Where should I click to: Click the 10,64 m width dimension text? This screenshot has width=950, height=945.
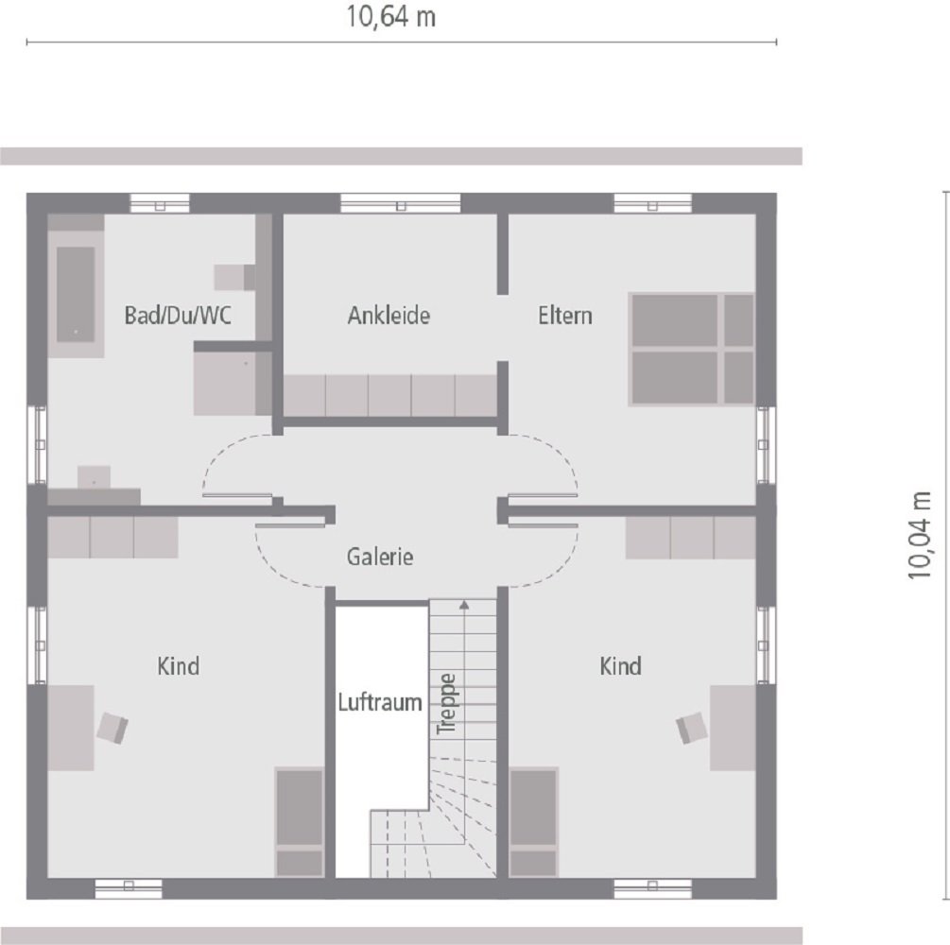[x=391, y=17]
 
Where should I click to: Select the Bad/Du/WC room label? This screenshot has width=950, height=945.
[x=177, y=316]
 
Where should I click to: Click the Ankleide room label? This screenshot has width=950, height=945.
[x=389, y=316]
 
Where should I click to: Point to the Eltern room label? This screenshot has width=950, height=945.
[x=565, y=316]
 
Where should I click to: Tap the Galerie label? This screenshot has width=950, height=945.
[x=380, y=558]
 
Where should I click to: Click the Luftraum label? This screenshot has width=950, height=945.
[x=380, y=703]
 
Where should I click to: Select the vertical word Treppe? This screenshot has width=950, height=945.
[x=447, y=703]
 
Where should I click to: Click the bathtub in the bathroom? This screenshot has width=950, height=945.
[x=76, y=294]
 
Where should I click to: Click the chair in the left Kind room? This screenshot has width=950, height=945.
[x=112, y=727]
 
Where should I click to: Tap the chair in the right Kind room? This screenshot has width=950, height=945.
[x=691, y=727]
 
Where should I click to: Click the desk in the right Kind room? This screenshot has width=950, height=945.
[x=733, y=727]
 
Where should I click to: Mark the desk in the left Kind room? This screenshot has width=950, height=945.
[x=71, y=727]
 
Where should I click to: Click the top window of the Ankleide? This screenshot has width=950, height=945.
[x=400, y=202]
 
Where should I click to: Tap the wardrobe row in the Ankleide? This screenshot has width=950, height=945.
[x=390, y=395]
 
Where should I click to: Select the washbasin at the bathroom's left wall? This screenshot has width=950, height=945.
[x=94, y=477]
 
